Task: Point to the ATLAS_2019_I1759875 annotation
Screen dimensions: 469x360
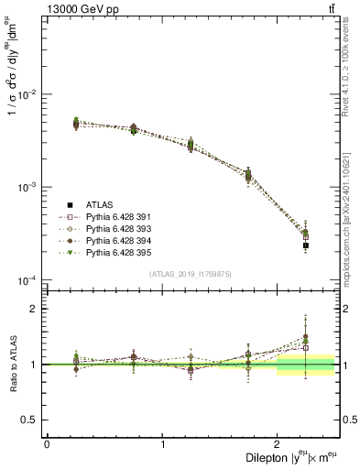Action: [x=190, y=273]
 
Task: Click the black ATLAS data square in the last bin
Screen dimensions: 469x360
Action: [x=306, y=245]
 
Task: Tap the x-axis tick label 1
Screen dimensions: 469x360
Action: [x=163, y=444]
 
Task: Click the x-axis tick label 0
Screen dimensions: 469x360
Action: [x=47, y=444]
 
